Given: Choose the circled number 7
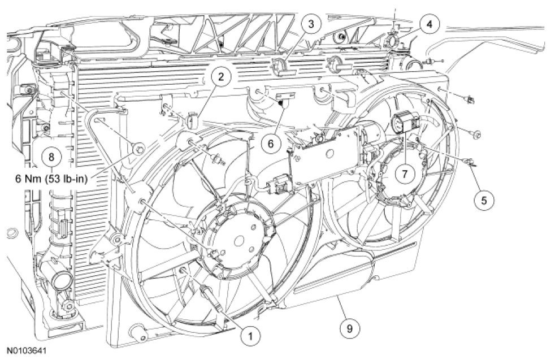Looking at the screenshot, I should tap(405, 174).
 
